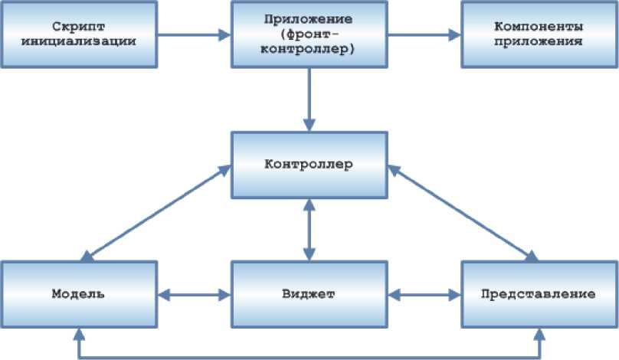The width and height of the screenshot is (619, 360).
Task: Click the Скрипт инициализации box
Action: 80,34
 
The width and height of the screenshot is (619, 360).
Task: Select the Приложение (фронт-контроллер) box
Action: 309,34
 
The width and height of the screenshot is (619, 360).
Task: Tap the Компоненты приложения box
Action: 539,34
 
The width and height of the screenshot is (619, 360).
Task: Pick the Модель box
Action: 80,294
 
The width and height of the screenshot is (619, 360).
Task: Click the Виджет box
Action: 309,294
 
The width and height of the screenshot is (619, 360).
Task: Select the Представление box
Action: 539,294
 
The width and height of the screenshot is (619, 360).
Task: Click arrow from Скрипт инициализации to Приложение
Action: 195,34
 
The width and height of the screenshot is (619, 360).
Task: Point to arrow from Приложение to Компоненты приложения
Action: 424,34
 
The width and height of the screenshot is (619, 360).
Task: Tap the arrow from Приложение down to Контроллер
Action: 309,100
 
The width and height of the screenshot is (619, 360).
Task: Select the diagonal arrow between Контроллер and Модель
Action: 157,212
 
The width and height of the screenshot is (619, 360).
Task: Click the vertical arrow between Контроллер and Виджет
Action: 309,228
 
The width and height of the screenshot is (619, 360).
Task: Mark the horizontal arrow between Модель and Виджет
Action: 195,294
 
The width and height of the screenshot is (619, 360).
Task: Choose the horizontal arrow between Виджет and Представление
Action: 424,294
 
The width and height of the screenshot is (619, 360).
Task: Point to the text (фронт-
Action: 309,34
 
